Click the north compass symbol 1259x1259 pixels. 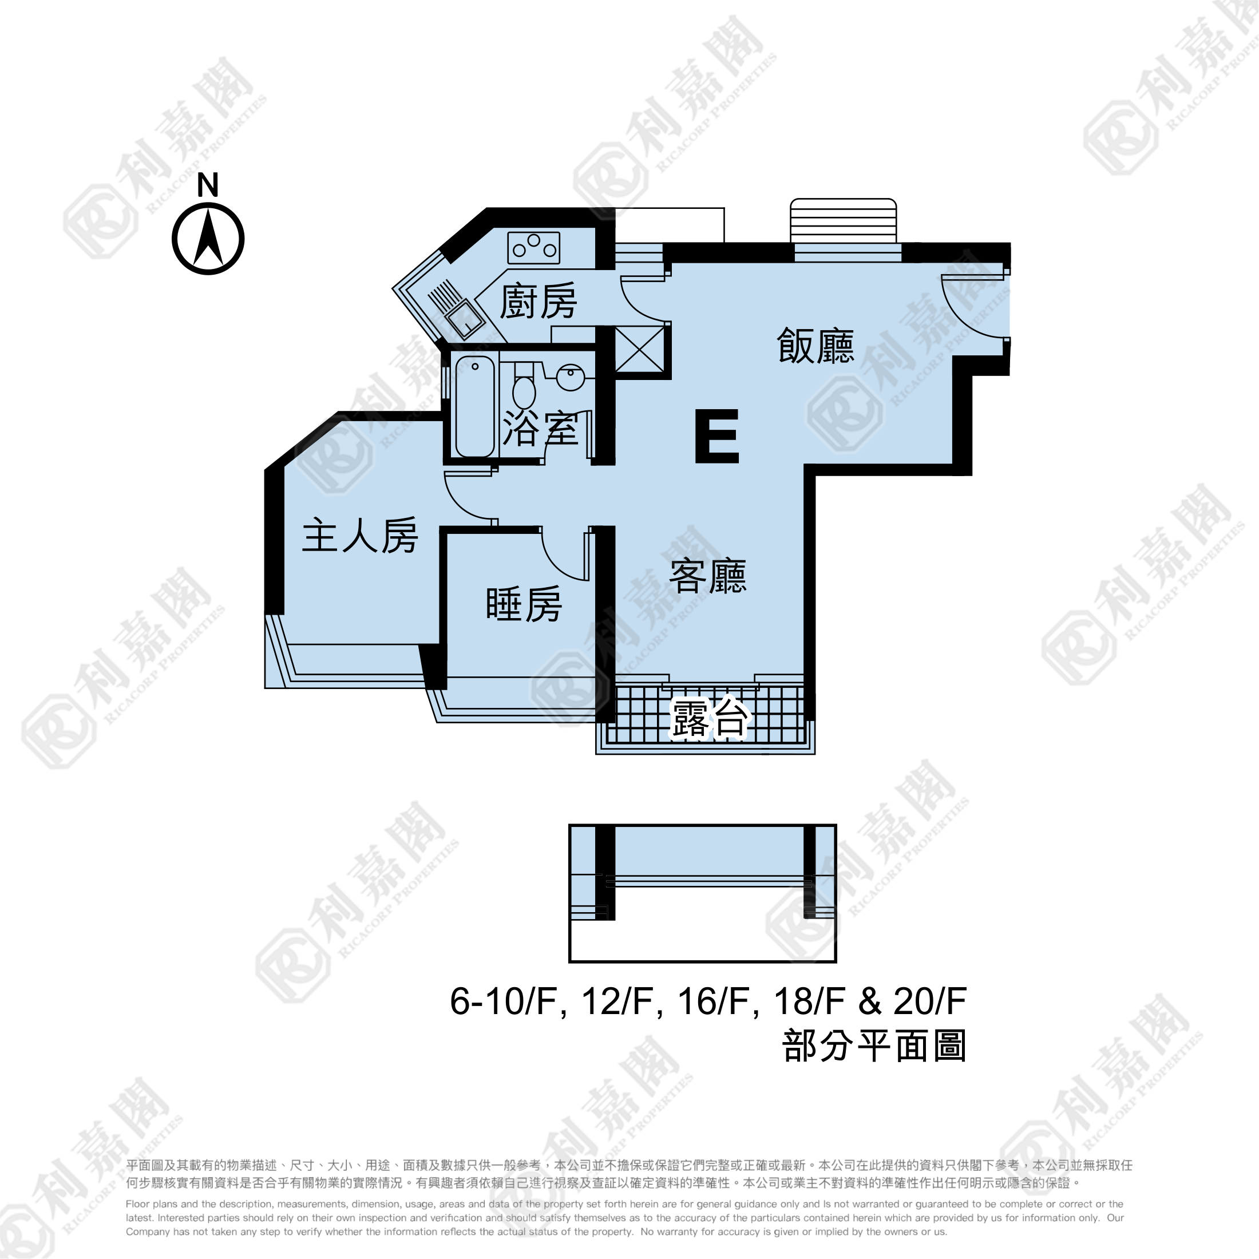tap(208, 239)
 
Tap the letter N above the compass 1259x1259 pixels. tap(208, 185)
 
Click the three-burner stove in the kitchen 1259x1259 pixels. tap(534, 248)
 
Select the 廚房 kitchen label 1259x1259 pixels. tap(539, 301)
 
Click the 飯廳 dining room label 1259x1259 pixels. tap(815, 346)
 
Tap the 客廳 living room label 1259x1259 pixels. tap(708, 576)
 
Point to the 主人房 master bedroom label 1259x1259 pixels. tap(361, 536)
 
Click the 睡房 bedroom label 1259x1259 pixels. tap(525, 604)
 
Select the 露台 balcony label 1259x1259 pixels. tap(710, 719)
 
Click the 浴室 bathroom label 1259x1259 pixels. tap(541, 428)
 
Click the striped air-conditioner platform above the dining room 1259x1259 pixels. tap(843, 221)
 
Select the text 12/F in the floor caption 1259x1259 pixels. tap(617, 1001)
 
